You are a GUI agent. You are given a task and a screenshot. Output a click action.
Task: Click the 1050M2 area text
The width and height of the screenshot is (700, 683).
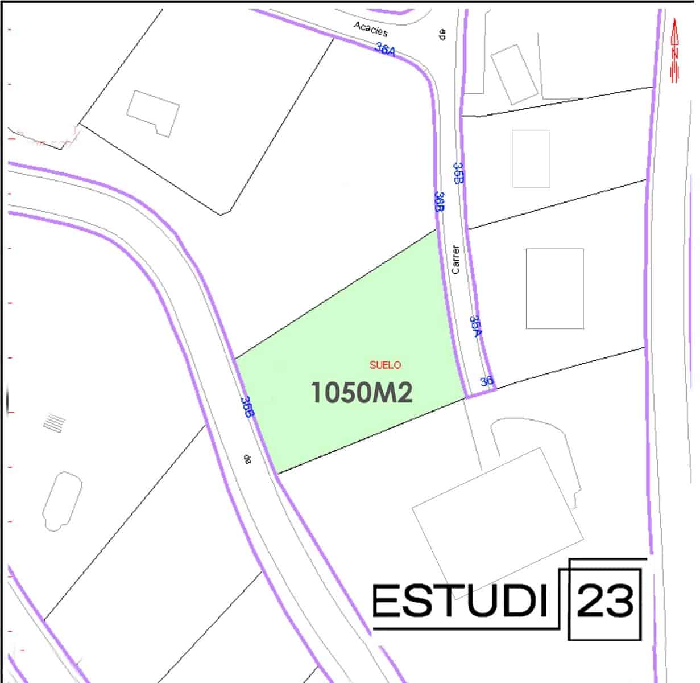click(361, 393)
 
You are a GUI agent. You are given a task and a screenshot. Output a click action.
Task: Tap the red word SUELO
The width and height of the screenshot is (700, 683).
click(385, 365)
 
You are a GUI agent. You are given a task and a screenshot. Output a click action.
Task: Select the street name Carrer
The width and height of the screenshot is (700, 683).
click(455, 260)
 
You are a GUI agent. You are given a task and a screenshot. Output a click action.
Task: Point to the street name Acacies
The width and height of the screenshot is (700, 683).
click(370, 28)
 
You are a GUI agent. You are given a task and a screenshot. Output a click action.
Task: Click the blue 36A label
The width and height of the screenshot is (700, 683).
click(385, 50)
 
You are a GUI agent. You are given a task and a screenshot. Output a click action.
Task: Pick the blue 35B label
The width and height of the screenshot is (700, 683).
click(458, 173)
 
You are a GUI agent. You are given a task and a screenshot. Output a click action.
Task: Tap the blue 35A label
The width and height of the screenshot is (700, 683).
click(477, 326)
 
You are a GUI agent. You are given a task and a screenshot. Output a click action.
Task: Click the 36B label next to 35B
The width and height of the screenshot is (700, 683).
click(439, 201)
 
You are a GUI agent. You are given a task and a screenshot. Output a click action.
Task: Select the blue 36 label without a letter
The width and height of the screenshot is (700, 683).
click(486, 381)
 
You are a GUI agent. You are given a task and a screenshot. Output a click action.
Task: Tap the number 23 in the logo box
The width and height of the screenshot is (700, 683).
click(605, 600)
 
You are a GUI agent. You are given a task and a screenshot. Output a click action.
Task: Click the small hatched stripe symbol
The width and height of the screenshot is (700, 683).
click(55, 423)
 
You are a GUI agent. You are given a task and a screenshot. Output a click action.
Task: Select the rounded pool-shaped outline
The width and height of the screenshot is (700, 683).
click(62, 501)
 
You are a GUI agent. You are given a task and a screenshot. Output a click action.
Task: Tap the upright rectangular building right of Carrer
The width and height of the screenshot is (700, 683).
click(554, 289)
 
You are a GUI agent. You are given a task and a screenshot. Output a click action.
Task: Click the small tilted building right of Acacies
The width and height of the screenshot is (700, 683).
click(514, 74)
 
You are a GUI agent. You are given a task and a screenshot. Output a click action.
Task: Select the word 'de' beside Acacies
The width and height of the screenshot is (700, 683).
click(442, 34)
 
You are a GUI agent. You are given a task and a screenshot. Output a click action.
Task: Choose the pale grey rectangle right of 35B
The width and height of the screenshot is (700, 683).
click(531, 159)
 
